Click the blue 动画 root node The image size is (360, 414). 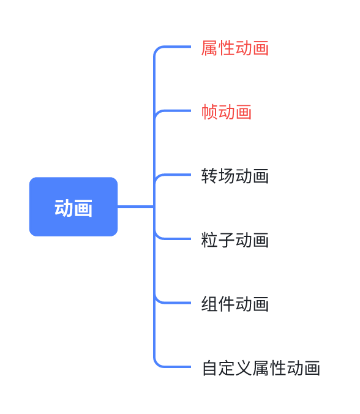(x=73, y=207)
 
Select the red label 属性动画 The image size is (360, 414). (x=235, y=48)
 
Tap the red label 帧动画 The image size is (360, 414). (x=227, y=112)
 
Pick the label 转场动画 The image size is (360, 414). (x=235, y=176)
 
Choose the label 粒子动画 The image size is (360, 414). (x=235, y=240)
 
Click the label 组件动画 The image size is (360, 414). (x=235, y=304)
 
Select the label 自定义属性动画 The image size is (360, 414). (x=261, y=368)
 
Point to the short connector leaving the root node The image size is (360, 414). (x=135, y=207)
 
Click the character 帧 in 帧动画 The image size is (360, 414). (x=209, y=112)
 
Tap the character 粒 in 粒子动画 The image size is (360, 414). (x=209, y=240)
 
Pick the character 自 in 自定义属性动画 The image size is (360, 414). (x=210, y=368)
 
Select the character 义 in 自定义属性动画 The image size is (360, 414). (x=244, y=368)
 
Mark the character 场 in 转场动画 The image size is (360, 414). (x=227, y=176)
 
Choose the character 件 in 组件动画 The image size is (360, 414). (x=227, y=304)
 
